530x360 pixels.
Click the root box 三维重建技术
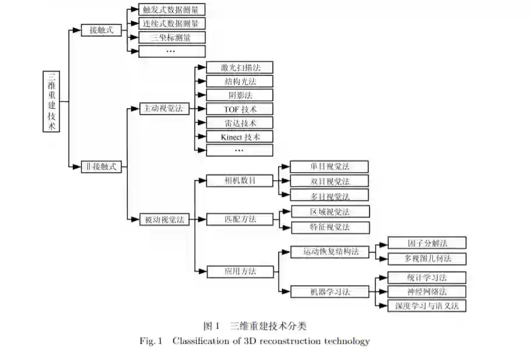point(52,102)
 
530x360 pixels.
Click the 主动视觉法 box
point(165,108)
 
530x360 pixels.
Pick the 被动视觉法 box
point(165,219)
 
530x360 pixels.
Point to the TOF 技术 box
point(240,109)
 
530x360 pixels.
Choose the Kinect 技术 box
point(240,137)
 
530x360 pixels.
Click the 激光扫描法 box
point(240,67)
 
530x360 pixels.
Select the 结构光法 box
point(240,81)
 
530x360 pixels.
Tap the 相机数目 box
point(240,180)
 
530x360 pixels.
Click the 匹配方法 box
point(240,219)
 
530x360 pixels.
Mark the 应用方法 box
point(240,271)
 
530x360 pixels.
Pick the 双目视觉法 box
point(329,181)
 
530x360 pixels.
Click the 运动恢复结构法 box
point(329,251)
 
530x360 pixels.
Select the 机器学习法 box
point(329,291)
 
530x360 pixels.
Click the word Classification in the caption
point(201,341)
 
